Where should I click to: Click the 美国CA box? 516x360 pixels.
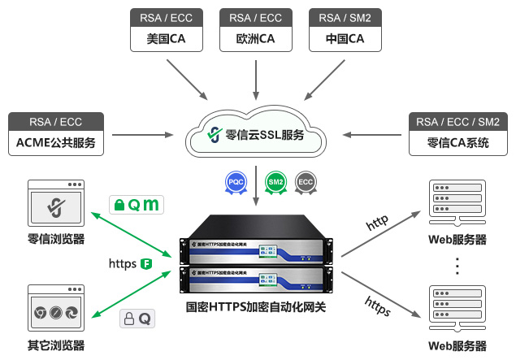click(166, 39)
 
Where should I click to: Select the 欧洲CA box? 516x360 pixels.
click(255, 39)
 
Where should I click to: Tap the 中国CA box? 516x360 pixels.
click(345, 39)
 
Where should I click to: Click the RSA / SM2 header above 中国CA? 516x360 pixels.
click(345, 17)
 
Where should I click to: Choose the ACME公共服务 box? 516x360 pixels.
click(55, 145)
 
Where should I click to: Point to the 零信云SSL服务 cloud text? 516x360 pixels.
click(265, 134)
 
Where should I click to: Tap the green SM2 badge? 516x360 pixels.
click(276, 182)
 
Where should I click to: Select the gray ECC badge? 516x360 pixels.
click(306, 182)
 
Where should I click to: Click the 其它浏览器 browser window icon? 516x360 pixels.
click(55, 310)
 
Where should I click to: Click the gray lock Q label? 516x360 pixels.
click(137, 319)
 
